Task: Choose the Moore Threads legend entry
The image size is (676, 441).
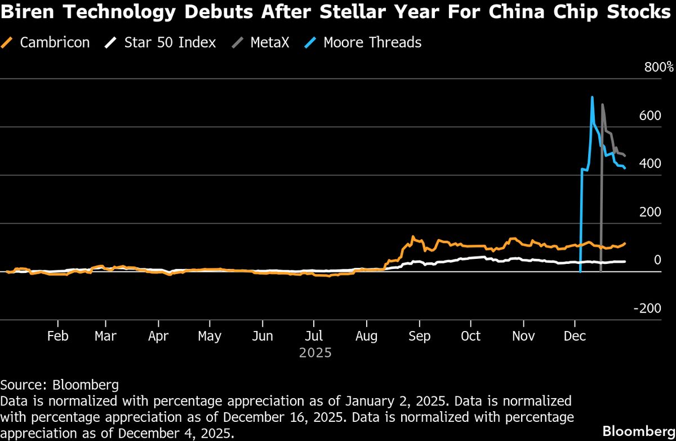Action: (372, 42)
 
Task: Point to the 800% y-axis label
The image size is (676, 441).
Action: (659, 68)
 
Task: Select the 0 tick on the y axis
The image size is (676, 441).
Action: (657, 260)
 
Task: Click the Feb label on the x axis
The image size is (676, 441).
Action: (57, 336)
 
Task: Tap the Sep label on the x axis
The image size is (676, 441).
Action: (419, 336)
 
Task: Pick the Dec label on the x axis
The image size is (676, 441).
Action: (575, 336)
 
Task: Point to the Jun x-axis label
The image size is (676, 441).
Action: (263, 336)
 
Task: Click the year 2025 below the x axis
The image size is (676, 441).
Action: (315, 354)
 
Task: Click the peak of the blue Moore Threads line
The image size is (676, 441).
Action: (592, 97)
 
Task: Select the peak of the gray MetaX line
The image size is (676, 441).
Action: (603, 104)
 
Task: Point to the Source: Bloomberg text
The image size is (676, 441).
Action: (59, 385)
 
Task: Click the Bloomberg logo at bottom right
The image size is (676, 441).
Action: (638, 431)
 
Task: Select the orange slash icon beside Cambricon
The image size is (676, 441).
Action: (7, 42)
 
